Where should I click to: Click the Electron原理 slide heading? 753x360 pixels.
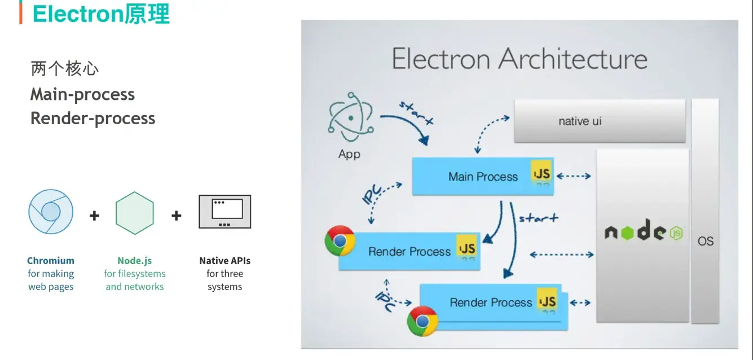101,14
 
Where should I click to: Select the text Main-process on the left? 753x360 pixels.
82,94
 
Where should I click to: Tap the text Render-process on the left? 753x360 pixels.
93,118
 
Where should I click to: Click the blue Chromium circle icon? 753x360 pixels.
50,212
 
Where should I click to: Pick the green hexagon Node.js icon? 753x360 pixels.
135,213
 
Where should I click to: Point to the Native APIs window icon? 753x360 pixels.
224,212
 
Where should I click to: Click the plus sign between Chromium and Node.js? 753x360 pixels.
94,215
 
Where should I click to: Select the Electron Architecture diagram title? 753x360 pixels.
519,59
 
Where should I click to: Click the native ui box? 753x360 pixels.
600,121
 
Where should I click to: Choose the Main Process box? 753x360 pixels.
482,177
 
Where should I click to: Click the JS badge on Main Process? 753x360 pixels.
541,173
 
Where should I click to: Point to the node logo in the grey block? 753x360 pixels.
643,232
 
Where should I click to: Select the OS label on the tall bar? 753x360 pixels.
705,241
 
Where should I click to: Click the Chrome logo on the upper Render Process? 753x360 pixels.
340,241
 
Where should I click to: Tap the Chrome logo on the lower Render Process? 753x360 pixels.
422,321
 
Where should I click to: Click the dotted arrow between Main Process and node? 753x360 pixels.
573,177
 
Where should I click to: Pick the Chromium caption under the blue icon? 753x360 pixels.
51,261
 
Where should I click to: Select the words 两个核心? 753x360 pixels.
65,69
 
